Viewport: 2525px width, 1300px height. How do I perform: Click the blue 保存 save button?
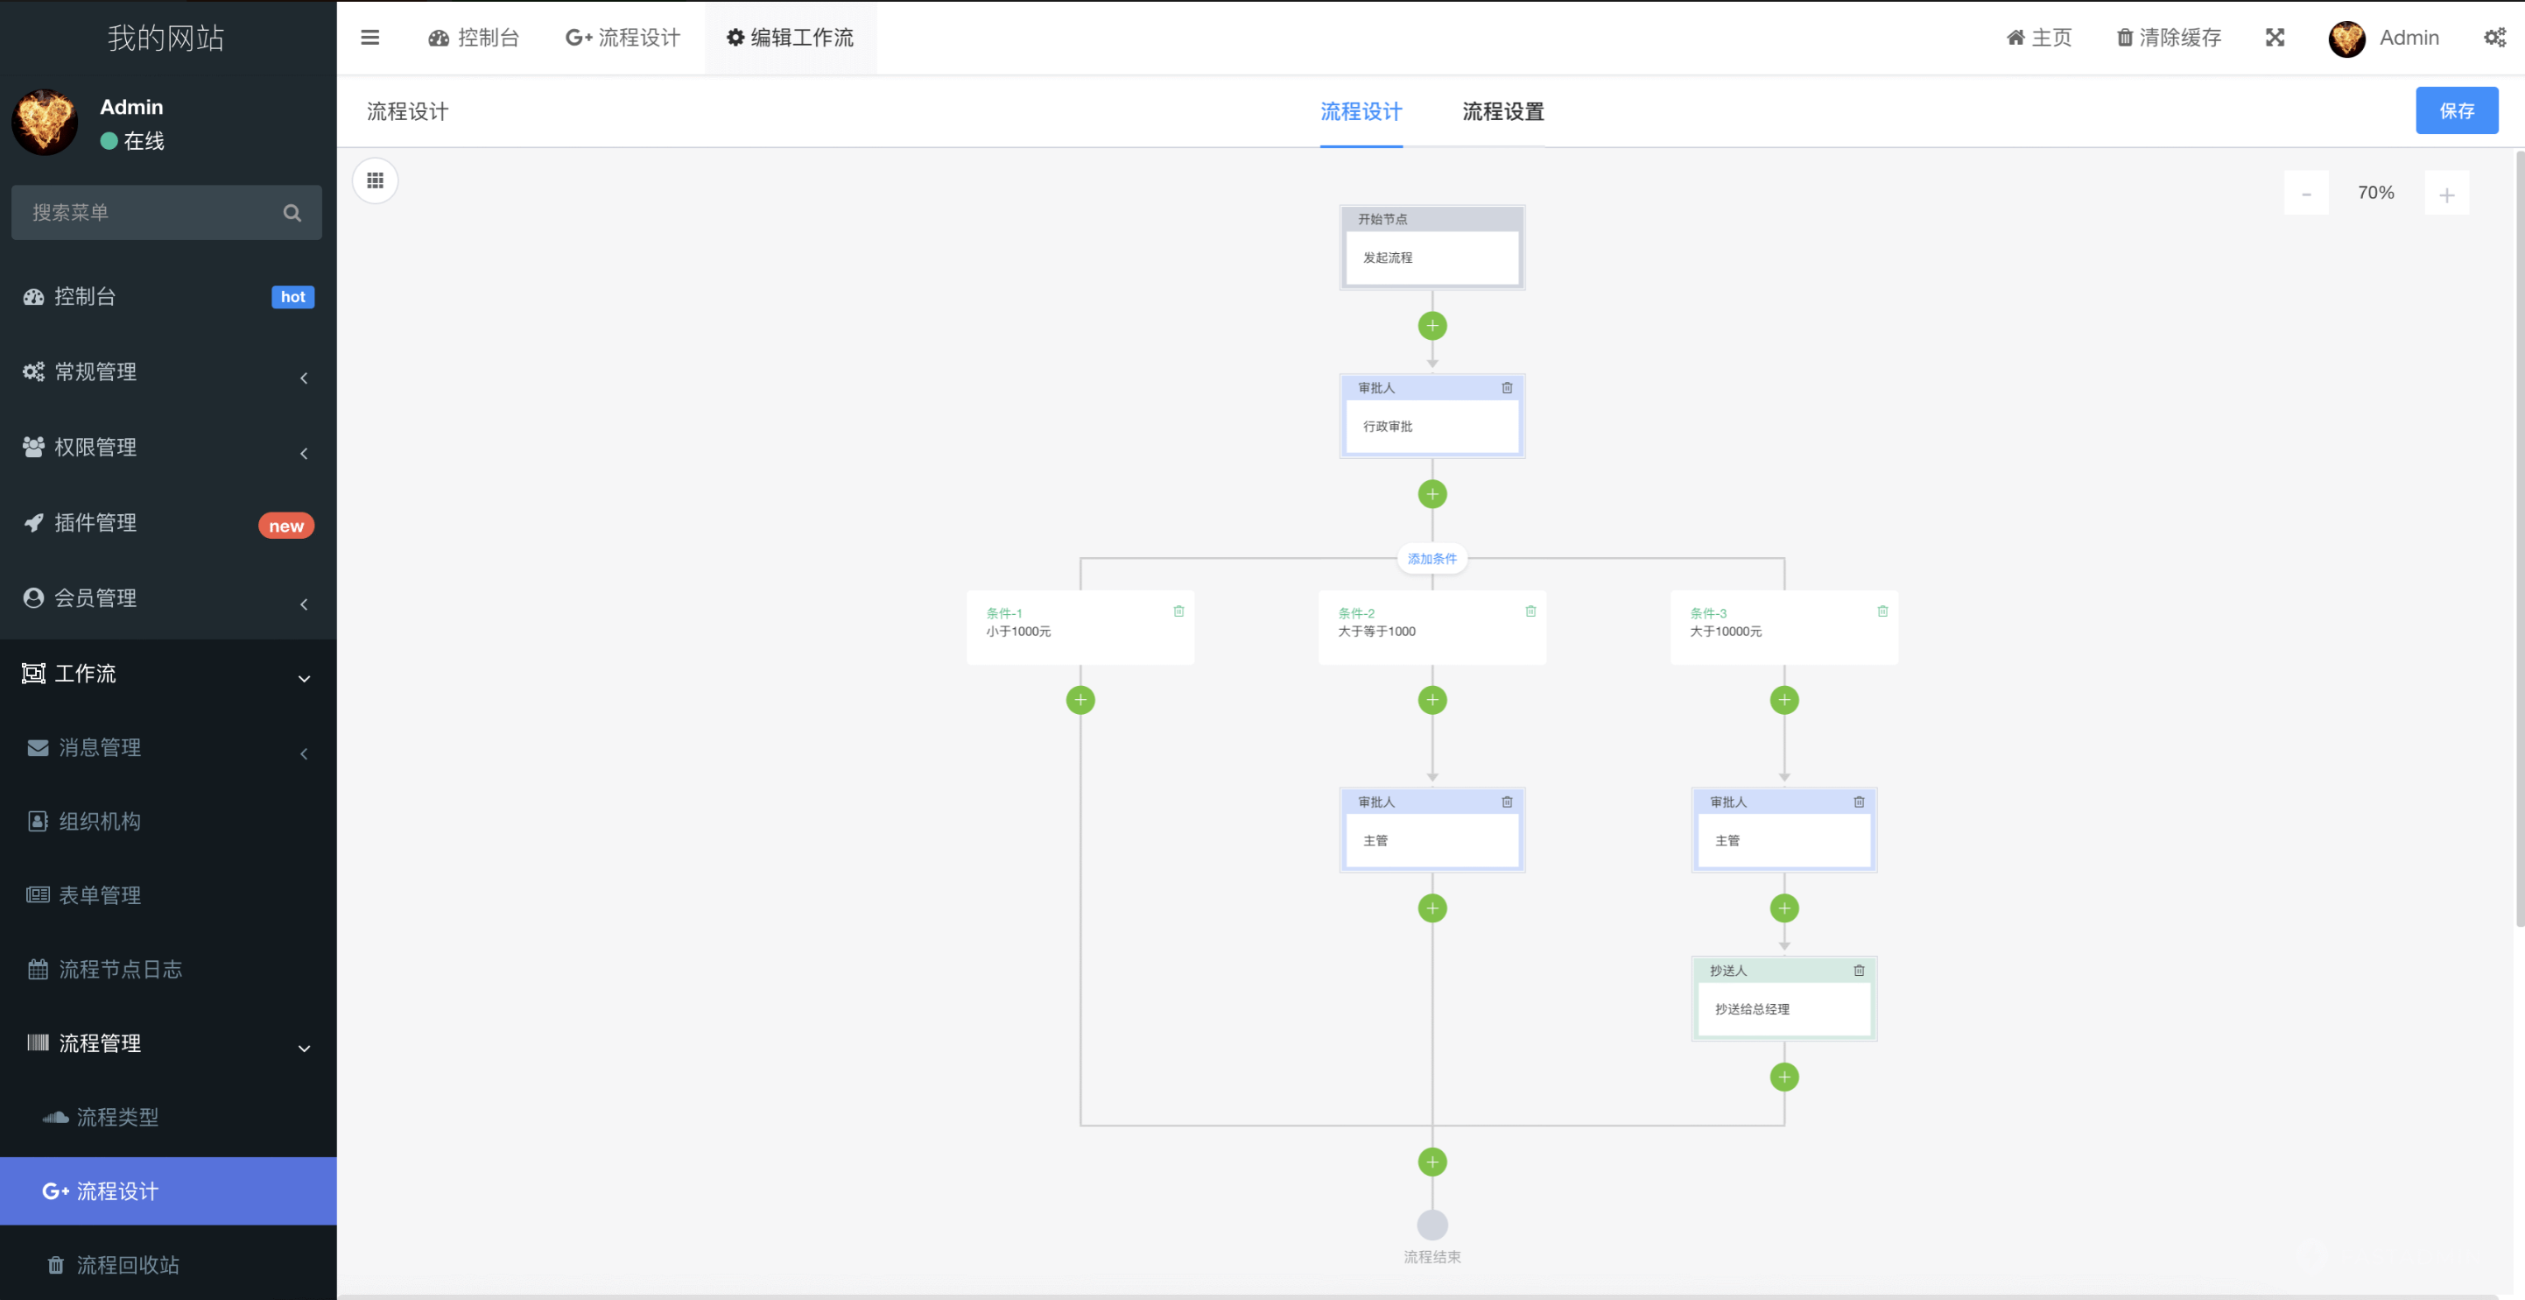click(2456, 110)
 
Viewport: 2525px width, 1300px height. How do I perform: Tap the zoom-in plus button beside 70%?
click(2445, 194)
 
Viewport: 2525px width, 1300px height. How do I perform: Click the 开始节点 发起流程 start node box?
click(1431, 257)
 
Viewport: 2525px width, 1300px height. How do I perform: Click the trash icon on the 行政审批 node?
click(1507, 388)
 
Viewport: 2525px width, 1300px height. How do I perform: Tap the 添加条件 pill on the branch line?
click(1431, 559)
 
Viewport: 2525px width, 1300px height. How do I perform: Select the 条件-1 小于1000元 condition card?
click(1080, 627)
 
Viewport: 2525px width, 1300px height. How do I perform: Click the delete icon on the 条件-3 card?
click(1882, 611)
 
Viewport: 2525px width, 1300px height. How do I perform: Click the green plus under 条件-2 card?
click(1432, 700)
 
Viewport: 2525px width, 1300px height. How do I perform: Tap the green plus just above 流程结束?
click(1432, 1162)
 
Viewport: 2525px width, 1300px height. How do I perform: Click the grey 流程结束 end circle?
click(1432, 1225)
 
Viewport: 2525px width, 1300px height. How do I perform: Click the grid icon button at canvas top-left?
click(376, 180)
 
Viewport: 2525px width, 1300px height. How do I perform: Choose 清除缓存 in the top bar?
click(2168, 38)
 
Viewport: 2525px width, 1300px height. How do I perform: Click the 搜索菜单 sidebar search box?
click(152, 213)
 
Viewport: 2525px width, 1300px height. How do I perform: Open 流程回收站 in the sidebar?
click(128, 1265)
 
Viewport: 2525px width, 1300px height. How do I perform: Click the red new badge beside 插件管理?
click(286, 526)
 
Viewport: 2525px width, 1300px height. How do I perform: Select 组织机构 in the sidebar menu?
click(99, 822)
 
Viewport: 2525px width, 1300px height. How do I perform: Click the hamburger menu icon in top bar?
click(369, 38)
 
